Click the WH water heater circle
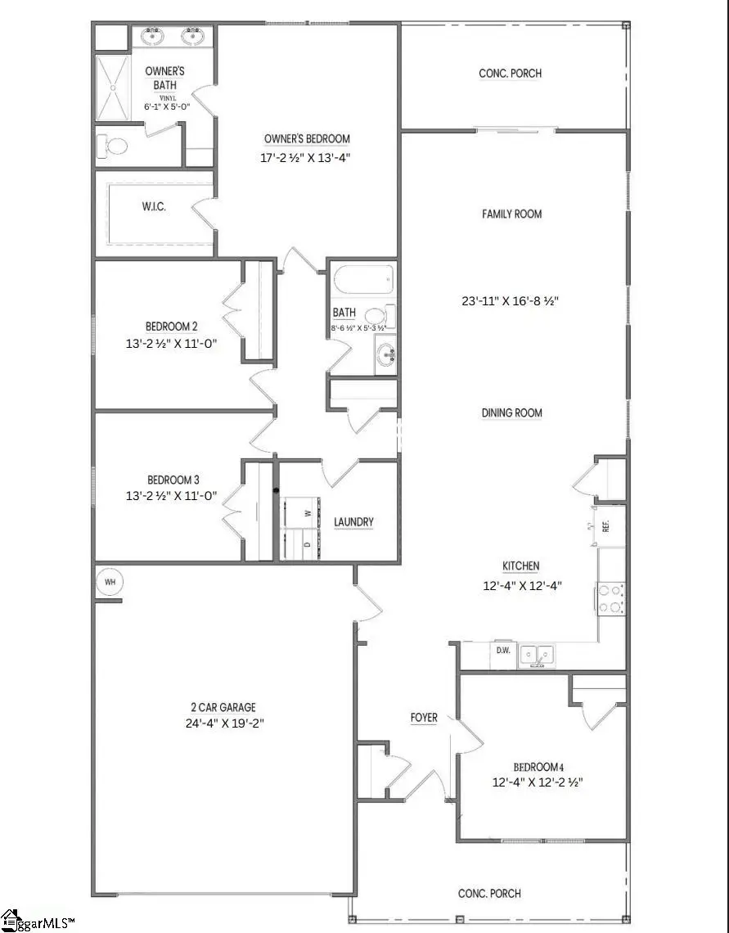pyautogui.click(x=109, y=582)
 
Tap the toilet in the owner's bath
pyautogui.click(x=113, y=147)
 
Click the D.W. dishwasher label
pyautogui.click(x=504, y=651)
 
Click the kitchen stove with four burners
pyautogui.click(x=611, y=597)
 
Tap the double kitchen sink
pyautogui.click(x=537, y=654)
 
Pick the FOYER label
pyautogui.click(x=424, y=718)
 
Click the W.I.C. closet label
pyautogui.click(x=153, y=207)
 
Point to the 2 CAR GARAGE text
pyautogui.click(x=223, y=707)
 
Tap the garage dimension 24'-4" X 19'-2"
pyautogui.click(x=223, y=723)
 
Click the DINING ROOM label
pyautogui.click(x=512, y=413)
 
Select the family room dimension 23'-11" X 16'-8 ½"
pyautogui.click(x=510, y=300)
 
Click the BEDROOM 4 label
pyautogui.click(x=539, y=767)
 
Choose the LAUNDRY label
pyautogui.click(x=354, y=522)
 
